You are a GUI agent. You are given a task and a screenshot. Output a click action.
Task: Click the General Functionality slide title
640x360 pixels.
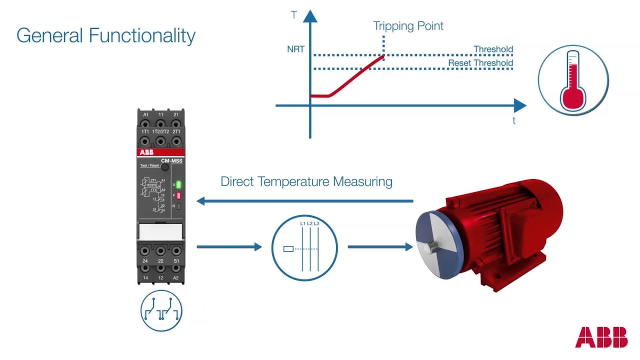click(x=105, y=36)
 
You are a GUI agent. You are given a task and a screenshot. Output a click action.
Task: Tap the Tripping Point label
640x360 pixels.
click(x=408, y=26)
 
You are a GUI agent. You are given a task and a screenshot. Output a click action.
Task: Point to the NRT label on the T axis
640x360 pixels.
click(x=295, y=49)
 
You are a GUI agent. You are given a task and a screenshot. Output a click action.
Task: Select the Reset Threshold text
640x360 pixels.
click(x=480, y=63)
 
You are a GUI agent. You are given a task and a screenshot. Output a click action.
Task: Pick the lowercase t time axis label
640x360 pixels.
click(x=514, y=120)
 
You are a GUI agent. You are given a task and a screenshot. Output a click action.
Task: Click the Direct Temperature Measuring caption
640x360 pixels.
click(x=306, y=181)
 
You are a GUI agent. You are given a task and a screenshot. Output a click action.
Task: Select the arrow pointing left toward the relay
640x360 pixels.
click(x=305, y=201)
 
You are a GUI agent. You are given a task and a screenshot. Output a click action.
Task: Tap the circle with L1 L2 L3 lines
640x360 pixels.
click(x=304, y=247)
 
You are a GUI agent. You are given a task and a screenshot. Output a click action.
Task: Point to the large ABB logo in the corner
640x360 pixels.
click(x=601, y=337)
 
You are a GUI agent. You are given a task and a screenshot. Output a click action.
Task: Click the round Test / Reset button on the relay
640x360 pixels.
click(x=164, y=167)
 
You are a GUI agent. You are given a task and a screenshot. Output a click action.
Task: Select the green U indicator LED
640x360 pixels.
click(x=178, y=184)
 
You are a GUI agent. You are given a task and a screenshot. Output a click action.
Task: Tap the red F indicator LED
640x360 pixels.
click(x=178, y=195)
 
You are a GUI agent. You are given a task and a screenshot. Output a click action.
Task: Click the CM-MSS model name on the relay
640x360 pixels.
click(x=171, y=161)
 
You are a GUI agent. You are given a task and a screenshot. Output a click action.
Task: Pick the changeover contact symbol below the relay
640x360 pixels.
click(x=161, y=311)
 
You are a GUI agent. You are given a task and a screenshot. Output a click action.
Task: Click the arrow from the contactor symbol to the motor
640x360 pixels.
click(x=380, y=246)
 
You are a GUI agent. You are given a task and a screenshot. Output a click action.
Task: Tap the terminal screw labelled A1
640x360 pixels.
click(x=145, y=123)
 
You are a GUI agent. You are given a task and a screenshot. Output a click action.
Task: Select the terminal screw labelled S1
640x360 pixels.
click(x=176, y=251)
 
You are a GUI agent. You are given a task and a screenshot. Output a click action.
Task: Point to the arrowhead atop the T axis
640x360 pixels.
click(x=310, y=16)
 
